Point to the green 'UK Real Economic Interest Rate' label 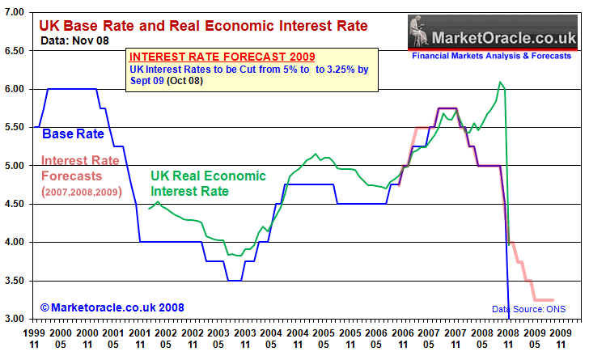(208, 184)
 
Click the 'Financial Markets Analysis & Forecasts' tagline (493, 57)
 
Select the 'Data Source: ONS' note (529, 308)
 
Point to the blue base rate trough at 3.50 (234, 280)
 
